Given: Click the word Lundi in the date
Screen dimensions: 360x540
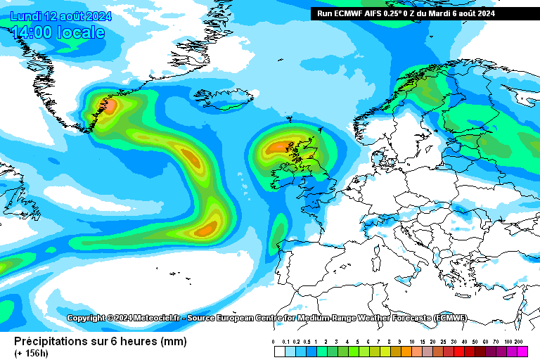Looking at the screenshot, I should click(25, 15).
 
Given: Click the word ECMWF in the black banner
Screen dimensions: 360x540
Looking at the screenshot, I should click(352, 13).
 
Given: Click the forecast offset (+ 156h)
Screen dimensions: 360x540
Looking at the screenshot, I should click(30, 352).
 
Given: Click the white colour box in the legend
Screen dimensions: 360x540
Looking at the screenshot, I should click(279, 352).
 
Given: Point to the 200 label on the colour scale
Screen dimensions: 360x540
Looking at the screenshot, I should click(520, 342).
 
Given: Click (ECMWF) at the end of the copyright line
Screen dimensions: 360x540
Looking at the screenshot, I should click(450, 318).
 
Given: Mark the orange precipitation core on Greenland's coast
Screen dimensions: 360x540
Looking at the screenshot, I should click(110, 105).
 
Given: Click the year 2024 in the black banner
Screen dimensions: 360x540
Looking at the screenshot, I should click(482, 13).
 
